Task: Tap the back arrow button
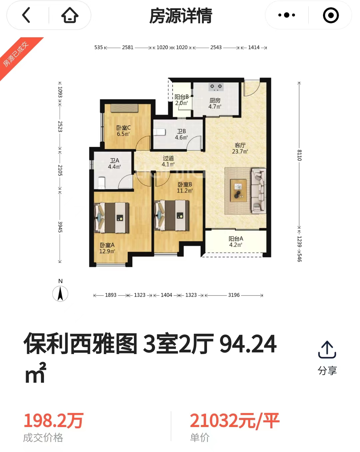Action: point(26,15)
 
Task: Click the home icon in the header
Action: point(70,15)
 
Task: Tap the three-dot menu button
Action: point(286,15)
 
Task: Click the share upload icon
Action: point(327,349)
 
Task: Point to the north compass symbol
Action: point(60,293)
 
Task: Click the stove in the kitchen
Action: point(216,87)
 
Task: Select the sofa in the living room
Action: point(258,191)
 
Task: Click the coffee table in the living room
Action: point(238,191)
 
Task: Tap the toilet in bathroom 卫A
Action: point(102,183)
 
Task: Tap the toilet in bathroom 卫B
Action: point(160,132)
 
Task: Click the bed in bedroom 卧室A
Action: point(111,218)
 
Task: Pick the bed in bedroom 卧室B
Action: point(172,215)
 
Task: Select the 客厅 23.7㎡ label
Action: point(240,148)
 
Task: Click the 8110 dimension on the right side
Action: point(299,155)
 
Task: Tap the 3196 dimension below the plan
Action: point(234,295)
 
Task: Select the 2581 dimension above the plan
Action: point(128,48)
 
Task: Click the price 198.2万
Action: point(54,421)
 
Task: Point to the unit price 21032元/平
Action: point(235,421)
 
